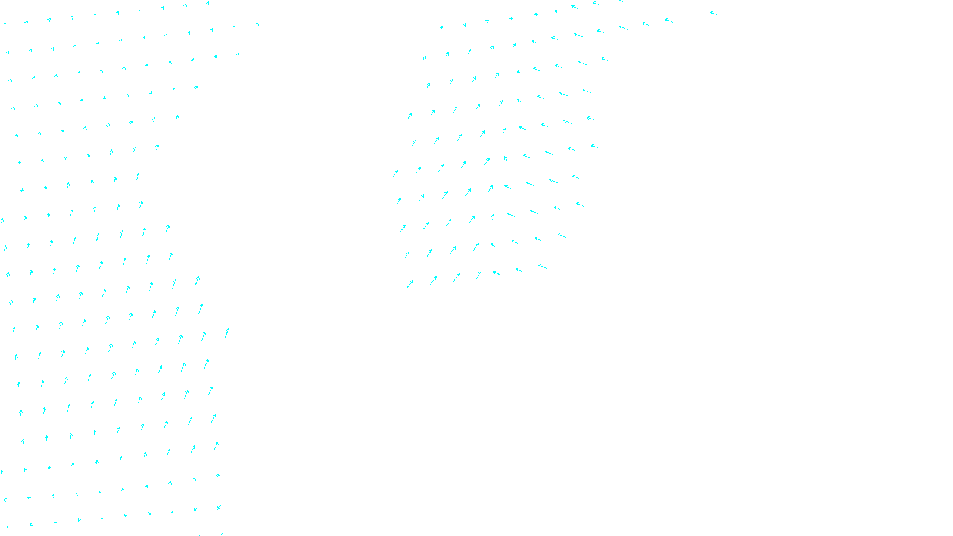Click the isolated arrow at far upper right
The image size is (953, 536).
(714, 13)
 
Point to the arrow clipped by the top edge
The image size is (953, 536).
(619, 1)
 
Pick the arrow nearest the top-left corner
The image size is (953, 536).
(4, 24)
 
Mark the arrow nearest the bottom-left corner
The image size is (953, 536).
(7, 527)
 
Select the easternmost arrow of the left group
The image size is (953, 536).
(257, 24)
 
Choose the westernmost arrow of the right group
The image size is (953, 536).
(395, 174)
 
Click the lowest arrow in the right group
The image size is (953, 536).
(410, 284)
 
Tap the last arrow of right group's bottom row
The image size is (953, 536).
(543, 266)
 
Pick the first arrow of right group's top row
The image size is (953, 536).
(441, 27)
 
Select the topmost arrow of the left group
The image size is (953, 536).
(207, 3)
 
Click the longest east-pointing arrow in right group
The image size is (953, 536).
(535, 15)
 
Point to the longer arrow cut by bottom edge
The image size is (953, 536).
(221, 534)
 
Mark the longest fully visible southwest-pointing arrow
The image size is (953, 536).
(219, 507)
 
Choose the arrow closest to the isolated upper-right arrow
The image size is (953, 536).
(669, 20)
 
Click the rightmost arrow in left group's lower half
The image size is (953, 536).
(227, 334)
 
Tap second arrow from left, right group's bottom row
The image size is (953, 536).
(433, 280)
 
